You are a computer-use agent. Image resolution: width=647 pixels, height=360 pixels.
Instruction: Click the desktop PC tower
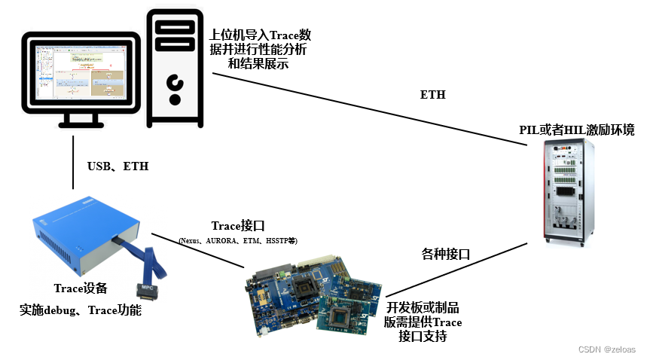175,68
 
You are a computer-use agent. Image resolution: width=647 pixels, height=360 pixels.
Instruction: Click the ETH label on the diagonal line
432,95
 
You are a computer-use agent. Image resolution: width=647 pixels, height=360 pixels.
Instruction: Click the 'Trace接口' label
237,226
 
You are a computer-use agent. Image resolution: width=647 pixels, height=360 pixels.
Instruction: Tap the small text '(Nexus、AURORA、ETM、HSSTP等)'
238,241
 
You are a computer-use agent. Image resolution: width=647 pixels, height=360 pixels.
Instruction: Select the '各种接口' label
446,255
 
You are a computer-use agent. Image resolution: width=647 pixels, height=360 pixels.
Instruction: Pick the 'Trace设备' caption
81,288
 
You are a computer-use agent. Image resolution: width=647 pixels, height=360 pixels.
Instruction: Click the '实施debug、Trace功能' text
81,310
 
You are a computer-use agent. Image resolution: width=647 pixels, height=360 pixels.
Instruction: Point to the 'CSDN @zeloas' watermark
606,349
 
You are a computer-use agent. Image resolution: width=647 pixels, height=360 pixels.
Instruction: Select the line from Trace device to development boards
200,248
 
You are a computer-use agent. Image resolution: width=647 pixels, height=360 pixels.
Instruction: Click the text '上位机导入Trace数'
261,35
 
